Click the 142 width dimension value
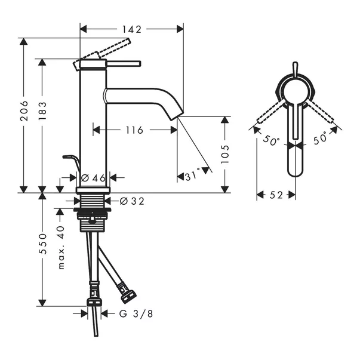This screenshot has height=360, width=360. [131, 28]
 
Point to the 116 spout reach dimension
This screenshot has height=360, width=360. [135, 130]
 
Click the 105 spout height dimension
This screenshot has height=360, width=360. [226, 153]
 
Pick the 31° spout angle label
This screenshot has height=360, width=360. [192, 177]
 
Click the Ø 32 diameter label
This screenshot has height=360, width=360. [132, 201]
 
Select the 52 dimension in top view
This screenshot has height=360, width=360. [276, 195]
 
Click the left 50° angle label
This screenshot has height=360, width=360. [272, 141]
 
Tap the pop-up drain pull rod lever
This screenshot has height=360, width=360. [70, 158]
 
